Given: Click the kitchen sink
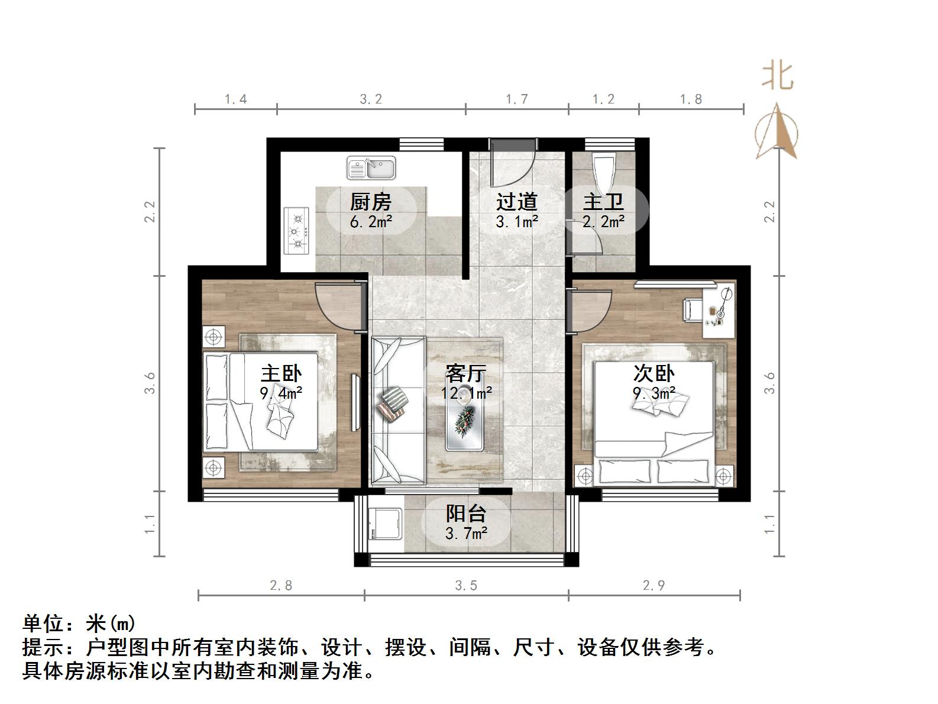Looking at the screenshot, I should (371, 167).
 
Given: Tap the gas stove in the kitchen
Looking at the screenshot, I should (297, 230).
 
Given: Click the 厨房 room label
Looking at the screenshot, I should (371, 202).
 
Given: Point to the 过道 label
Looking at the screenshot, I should (516, 202).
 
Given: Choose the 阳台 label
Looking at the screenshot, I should (466, 513).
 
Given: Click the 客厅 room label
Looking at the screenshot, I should (466, 373).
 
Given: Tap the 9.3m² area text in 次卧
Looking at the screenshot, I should (654, 393).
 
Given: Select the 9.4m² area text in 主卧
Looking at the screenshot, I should (282, 393).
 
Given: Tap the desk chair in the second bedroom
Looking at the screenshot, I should (693, 309).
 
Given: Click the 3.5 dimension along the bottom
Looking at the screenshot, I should (466, 586).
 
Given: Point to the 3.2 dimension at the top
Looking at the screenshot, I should (371, 99).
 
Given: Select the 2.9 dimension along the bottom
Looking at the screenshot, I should (654, 586).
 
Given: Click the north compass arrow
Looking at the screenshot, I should (777, 131).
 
